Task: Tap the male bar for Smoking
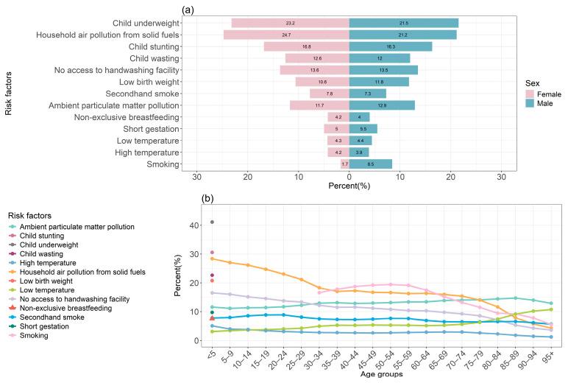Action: coord(370,164)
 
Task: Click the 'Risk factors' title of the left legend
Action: coord(34,214)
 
